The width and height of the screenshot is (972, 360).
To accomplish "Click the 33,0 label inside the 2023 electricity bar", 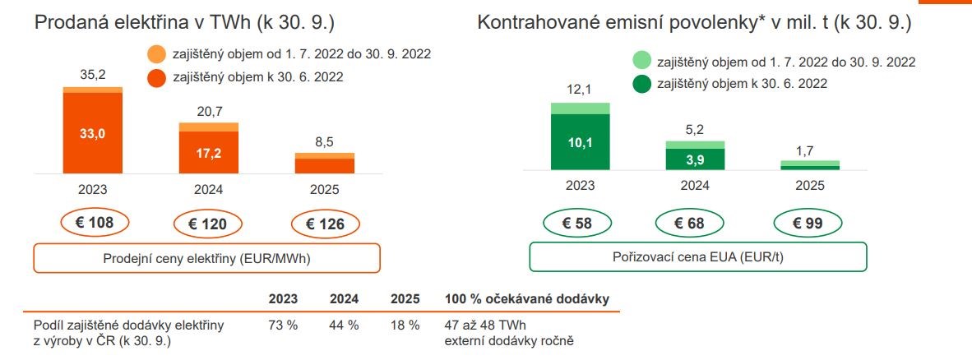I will click(92, 133).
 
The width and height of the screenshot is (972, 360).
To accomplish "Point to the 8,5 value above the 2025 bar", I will click(324, 141).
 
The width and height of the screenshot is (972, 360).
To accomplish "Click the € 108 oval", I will click(92, 223).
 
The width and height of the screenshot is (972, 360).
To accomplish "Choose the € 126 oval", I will click(324, 223).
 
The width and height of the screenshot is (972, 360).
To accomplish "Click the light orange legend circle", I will click(157, 55).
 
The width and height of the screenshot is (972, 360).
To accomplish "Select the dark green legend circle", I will click(642, 83).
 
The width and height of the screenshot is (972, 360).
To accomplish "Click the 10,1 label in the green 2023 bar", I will click(580, 141).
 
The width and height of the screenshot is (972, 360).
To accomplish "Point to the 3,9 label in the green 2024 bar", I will click(695, 159).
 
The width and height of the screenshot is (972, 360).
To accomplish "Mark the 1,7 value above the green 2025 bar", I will click(810, 150).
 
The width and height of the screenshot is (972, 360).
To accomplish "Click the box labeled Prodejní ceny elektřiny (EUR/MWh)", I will click(206, 257).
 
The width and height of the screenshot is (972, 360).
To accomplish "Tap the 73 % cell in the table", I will click(283, 325).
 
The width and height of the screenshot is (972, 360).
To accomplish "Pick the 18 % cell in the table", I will click(405, 325).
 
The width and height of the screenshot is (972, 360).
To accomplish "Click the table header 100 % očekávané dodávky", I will click(526, 298).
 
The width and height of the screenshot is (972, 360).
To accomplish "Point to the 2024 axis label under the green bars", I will click(695, 186).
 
